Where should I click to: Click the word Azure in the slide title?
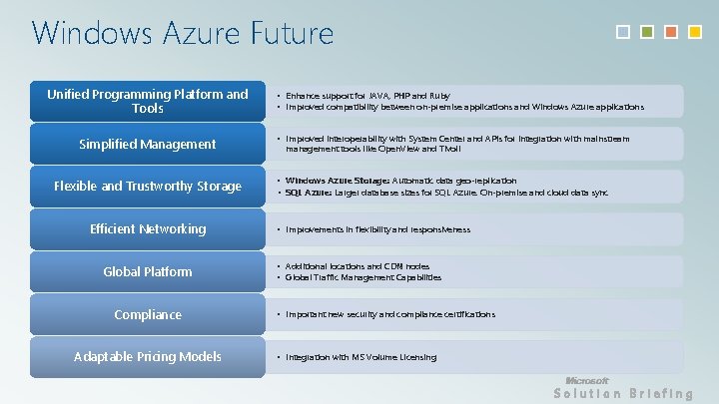191,34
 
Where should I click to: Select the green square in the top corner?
647,32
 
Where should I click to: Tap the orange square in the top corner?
670,32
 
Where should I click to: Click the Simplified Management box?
148,145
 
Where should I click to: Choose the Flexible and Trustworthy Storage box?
148,187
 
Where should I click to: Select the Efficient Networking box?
148,229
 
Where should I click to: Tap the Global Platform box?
148,272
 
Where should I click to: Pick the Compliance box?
148,315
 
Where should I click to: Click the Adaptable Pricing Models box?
148,357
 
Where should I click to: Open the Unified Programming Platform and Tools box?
148,101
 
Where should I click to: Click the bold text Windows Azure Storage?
337,181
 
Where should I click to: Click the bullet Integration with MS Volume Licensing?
360,357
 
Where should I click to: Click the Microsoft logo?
586,380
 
